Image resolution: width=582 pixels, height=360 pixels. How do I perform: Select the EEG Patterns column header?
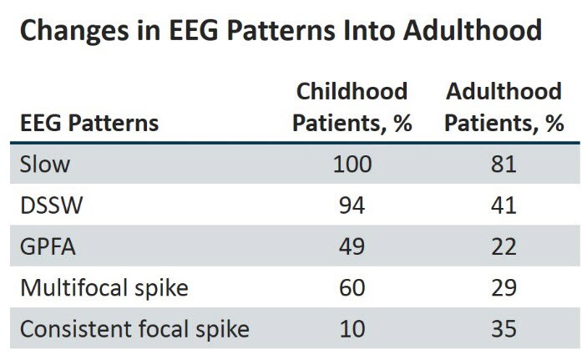[89, 124]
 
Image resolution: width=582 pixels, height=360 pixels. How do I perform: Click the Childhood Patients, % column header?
[351, 107]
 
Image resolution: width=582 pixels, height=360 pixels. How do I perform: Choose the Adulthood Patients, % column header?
[504, 107]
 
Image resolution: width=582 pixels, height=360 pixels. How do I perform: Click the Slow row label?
[46, 164]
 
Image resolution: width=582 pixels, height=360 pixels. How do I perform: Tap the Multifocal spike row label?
[104, 288]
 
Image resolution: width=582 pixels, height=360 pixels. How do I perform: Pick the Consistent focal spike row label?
[134, 329]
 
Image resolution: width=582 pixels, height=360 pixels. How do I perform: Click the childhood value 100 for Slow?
[351, 164]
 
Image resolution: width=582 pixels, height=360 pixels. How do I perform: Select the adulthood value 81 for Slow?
[504, 164]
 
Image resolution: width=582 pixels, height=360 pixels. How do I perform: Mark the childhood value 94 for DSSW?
[351, 205]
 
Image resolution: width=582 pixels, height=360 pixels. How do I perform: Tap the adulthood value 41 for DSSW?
[504, 205]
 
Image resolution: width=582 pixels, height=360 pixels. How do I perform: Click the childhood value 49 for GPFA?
[351, 247]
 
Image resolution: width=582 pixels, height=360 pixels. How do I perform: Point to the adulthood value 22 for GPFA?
[504, 247]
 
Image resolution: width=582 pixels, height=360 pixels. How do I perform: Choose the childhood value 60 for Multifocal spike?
[351, 288]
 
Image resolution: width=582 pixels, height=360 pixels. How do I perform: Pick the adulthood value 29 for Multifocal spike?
[504, 288]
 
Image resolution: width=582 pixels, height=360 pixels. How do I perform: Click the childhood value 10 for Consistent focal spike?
[351, 329]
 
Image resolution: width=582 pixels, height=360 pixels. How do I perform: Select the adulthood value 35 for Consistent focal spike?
[504, 329]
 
